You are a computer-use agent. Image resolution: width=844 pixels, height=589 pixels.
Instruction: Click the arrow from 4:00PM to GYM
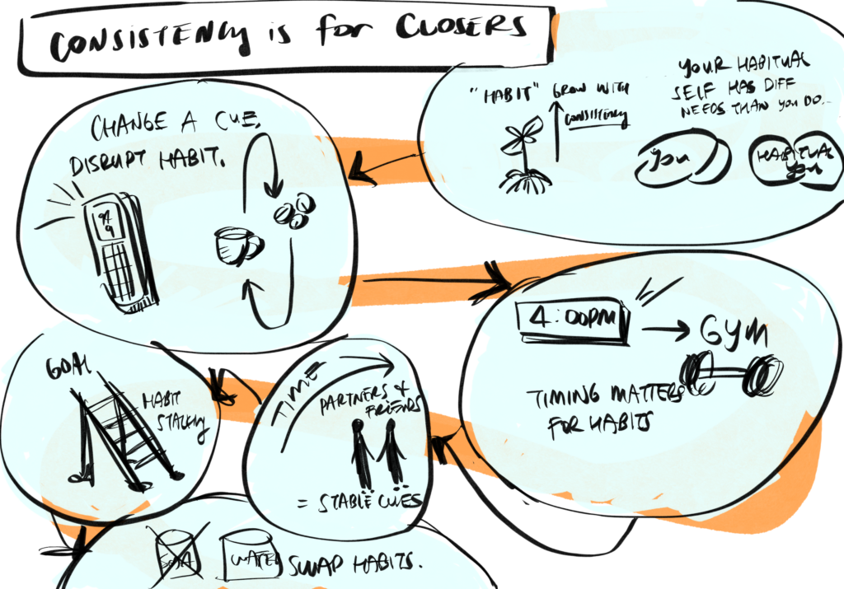(x=666, y=332)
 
